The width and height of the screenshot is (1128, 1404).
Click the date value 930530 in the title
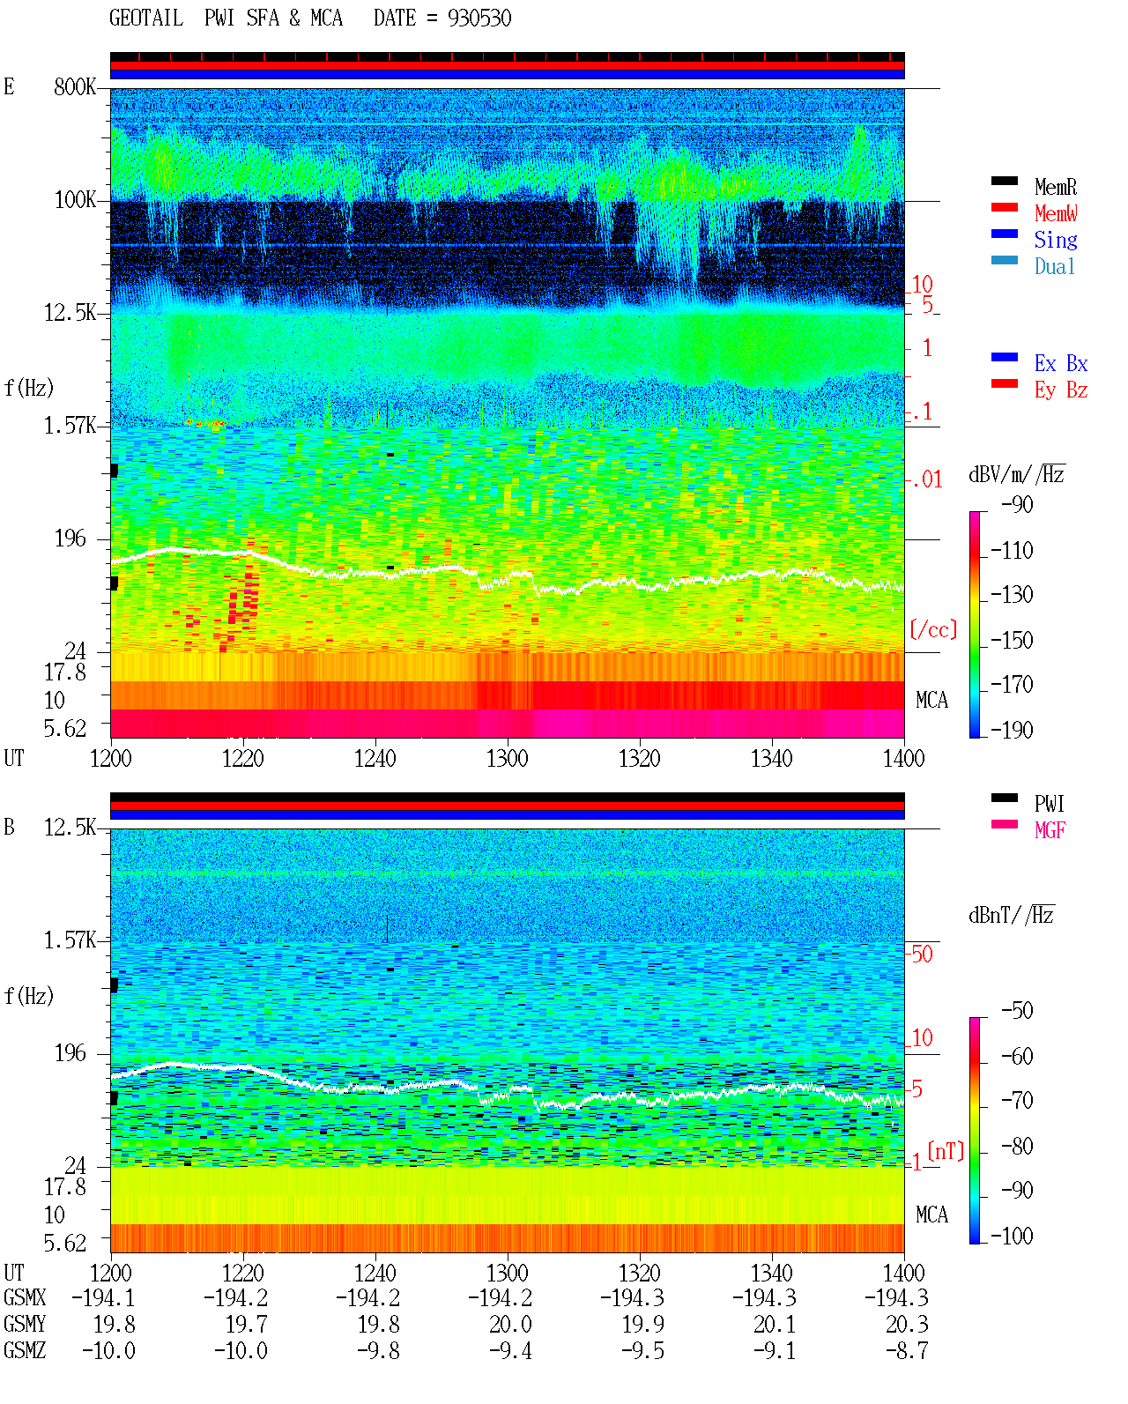tap(479, 19)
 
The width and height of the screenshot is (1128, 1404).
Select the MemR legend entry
tap(1055, 187)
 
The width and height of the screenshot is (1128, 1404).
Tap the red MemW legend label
tap(1055, 213)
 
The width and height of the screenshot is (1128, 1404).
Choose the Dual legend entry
tap(1054, 266)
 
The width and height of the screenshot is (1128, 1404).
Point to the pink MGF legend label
tap(1050, 830)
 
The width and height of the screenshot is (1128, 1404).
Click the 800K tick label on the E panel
tap(75, 86)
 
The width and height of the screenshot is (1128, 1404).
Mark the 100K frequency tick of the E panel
tap(75, 200)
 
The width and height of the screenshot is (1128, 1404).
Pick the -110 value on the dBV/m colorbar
tap(1012, 551)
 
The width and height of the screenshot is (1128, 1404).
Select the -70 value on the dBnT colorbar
tap(1017, 1101)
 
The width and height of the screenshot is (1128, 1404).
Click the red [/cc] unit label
tap(933, 629)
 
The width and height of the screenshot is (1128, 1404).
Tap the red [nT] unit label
tap(946, 1151)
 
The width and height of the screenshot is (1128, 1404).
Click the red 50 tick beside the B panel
tap(922, 954)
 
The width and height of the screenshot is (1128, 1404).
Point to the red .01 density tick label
tap(927, 480)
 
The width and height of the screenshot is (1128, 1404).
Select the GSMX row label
tap(25, 1297)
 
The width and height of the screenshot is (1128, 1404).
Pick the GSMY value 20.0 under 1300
tap(511, 1324)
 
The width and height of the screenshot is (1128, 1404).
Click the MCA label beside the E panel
tap(931, 700)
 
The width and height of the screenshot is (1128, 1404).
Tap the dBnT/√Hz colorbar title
tap(1012, 916)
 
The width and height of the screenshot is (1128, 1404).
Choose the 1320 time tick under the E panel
tap(640, 758)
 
